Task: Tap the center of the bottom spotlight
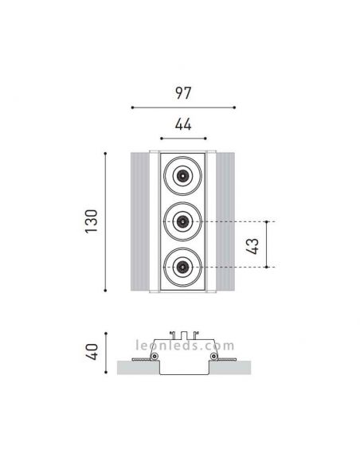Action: click(x=183, y=267)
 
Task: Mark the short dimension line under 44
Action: click(x=182, y=138)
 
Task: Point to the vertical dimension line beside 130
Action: click(x=106, y=223)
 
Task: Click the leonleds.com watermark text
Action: click(x=182, y=346)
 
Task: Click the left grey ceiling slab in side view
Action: click(x=135, y=368)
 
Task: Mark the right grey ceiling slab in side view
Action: click(x=231, y=368)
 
